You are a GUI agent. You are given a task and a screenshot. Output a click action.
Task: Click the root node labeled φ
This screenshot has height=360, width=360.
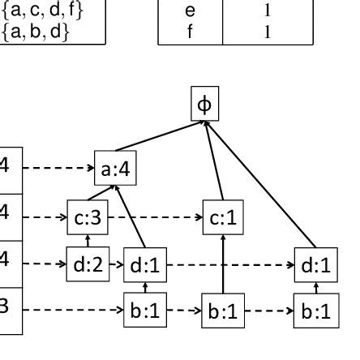click(x=204, y=105)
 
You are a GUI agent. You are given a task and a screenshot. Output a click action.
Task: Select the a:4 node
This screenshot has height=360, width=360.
click(x=115, y=169)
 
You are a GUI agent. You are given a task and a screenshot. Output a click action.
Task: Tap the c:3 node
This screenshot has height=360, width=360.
click(x=87, y=218)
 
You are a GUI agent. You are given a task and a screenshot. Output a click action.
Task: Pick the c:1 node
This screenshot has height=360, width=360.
click(x=223, y=218)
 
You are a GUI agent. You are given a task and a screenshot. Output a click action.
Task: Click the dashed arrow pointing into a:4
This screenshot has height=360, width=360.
click(x=58, y=169)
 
